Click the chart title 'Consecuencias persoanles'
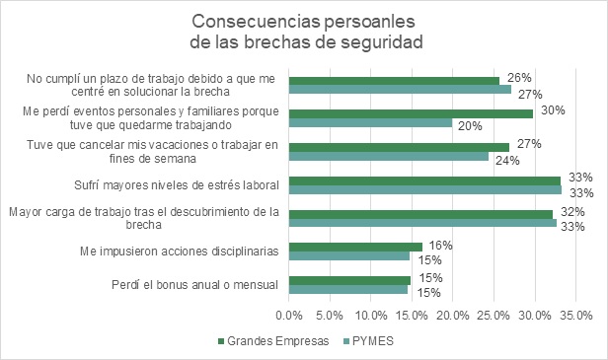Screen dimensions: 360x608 [304, 22]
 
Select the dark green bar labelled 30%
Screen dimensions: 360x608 [411, 113]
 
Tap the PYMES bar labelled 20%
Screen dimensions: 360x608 [370, 123]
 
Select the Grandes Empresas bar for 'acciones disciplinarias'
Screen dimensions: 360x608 [355, 247]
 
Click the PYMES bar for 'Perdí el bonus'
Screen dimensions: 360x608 [348, 290]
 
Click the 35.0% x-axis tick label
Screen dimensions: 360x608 [575, 316]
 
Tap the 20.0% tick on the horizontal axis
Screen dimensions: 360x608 [453, 316]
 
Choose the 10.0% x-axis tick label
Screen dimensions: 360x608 [371, 316]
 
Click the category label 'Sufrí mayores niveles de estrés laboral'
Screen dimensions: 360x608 [178, 184]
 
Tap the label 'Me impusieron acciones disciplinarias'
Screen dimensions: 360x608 [180, 251]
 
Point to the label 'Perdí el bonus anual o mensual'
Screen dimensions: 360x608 [195, 285]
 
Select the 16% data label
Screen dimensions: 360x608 [436, 244]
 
